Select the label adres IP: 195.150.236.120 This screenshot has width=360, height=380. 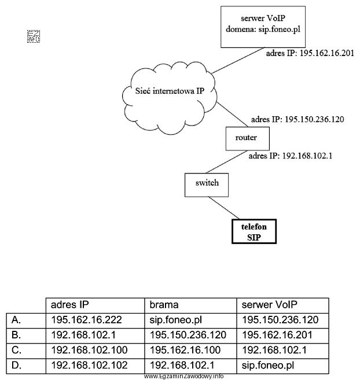[297, 120]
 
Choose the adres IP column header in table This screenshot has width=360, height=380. [70, 305]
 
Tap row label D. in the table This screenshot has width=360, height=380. [17, 366]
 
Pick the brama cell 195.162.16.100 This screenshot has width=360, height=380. [180, 351]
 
